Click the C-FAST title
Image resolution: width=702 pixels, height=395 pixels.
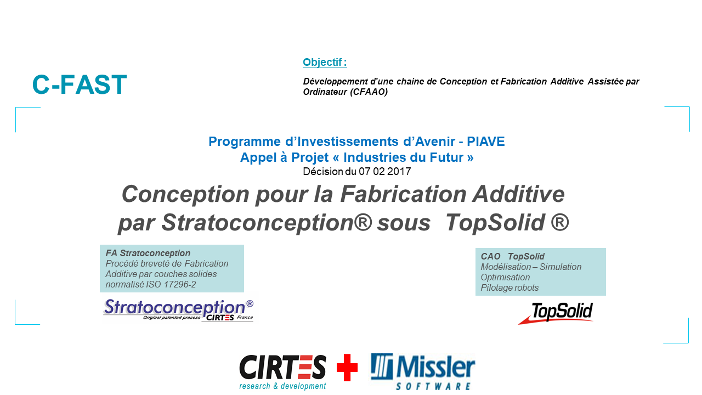80,84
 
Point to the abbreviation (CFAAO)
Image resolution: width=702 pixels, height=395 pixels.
369,92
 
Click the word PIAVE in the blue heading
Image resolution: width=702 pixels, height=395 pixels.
486,142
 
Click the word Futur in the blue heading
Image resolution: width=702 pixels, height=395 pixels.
448,157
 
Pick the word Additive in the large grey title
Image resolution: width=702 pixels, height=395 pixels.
518,194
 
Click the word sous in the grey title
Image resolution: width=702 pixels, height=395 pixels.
404,223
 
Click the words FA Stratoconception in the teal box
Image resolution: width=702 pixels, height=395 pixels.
148,253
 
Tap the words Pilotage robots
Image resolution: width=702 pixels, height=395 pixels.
509,287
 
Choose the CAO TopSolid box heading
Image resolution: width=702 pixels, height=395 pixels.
512,256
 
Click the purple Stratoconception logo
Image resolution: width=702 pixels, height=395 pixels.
178,310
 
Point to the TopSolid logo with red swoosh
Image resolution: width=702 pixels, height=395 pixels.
556,313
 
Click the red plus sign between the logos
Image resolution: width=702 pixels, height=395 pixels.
347,368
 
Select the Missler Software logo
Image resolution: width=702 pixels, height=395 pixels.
423,371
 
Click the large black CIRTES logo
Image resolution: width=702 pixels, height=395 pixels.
282,368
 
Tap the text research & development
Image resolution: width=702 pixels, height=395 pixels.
282,386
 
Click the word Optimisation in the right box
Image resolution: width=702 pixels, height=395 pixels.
505,277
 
